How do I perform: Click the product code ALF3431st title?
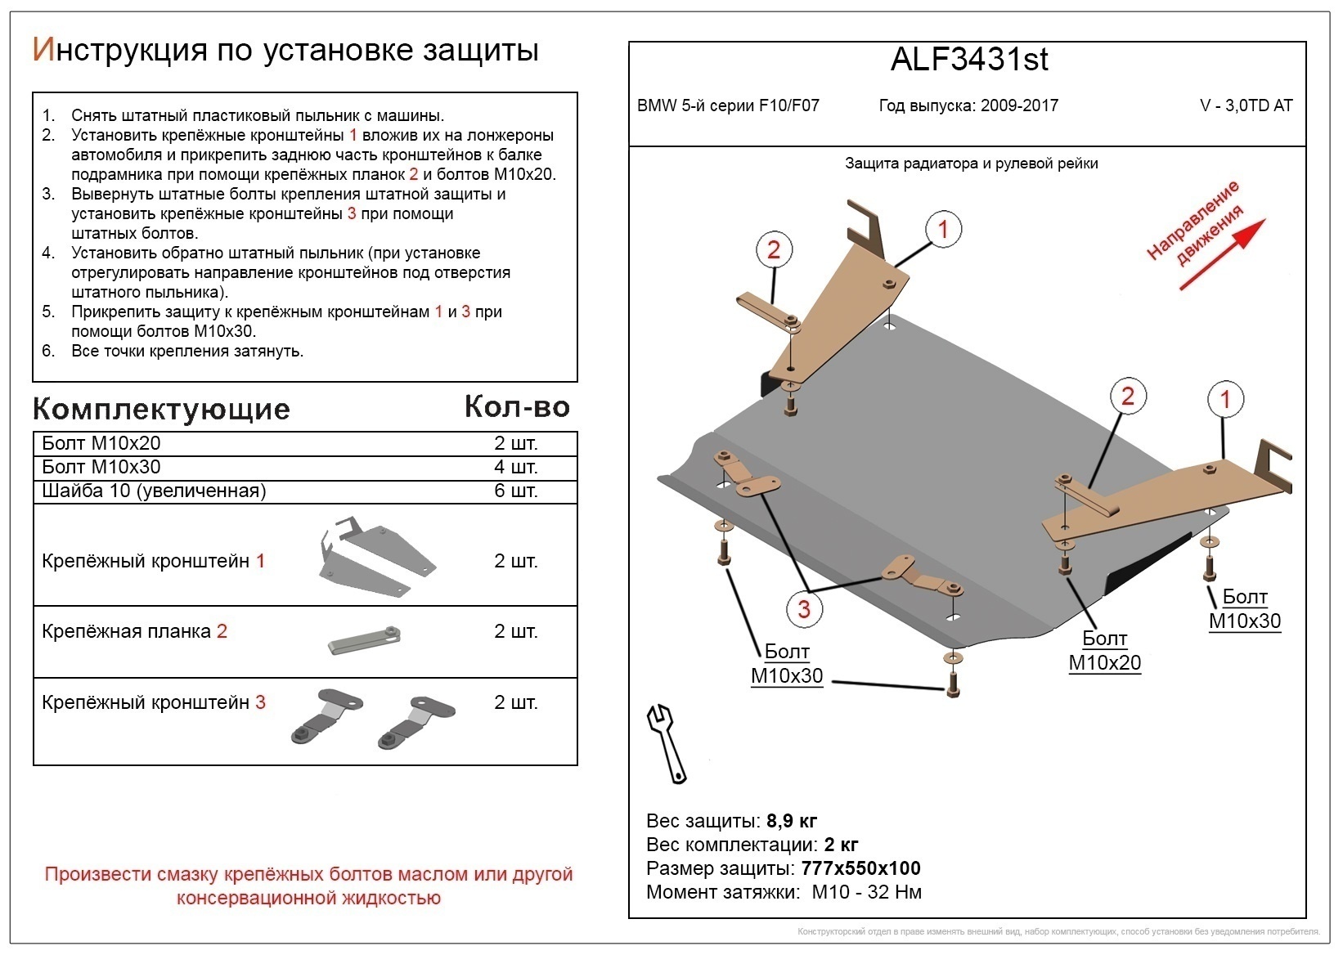tap(968, 60)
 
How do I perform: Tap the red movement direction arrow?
tap(1222, 254)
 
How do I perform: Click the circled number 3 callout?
tap(803, 608)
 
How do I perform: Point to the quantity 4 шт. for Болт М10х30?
tap(515, 468)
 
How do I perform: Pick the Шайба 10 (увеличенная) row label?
tap(154, 491)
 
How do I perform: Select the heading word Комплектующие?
tap(161, 409)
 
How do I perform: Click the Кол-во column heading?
tap(517, 406)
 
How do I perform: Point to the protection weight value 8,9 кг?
tap(792, 821)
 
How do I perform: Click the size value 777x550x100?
tap(861, 868)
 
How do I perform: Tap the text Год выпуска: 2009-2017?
tap(968, 106)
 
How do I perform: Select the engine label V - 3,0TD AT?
tap(1246, 106)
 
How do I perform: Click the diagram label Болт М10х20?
tap(1104, 651)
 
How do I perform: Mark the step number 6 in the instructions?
tap(48, 352)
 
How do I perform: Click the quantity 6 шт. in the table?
tap(515, 491)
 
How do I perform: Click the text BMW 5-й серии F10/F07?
tap(728, 106)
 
